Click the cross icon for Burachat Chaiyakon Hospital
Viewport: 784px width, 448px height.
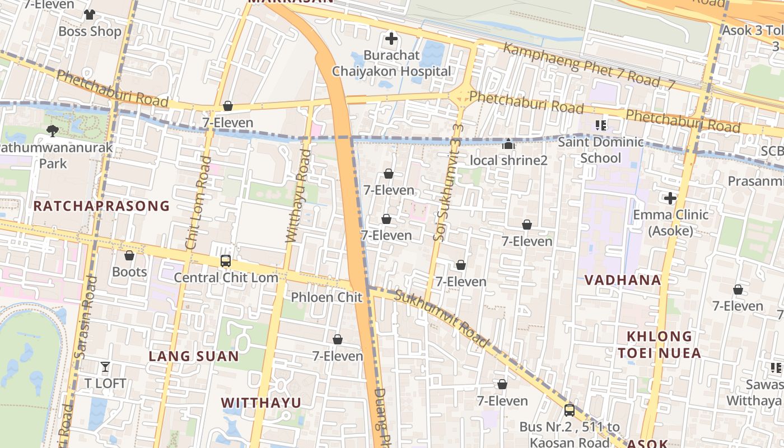(x=391, y=39)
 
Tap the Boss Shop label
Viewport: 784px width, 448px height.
(x=90, y=31)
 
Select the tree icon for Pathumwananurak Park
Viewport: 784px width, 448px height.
(x=53, y=131)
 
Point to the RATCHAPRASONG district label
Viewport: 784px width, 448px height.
(x=101, y=206)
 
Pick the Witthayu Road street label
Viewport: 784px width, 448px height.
(x=298, y=196)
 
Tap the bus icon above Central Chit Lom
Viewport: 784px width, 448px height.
(x=226, y=261)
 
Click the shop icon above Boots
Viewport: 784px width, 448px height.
(x=129, y=255)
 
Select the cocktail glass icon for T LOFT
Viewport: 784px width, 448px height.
(x=105, y=367)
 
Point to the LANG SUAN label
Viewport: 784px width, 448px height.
(x=194, y=356)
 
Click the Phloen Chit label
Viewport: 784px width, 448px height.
(x=327, y=297)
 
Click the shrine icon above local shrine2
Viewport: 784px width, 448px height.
(x=508, y=144)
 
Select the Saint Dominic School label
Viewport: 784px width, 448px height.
(x=600, y=150)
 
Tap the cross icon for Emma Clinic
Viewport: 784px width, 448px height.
(x=670, y=198)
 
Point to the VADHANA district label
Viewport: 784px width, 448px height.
(x=623, y=280)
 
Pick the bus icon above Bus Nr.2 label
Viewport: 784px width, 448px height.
(x=570, y=410)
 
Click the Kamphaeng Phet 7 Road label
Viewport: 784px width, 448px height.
(x=582, y=64)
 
